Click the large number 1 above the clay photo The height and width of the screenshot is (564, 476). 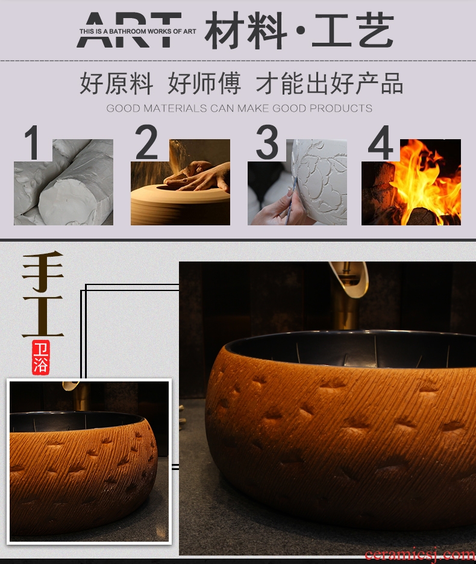[33, 142]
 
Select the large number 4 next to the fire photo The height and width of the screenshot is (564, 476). [381, 142]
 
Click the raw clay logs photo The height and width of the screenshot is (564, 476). [63, 182]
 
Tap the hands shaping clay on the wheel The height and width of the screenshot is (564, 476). [197, 176]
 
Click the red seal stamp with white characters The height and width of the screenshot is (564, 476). [40, 357]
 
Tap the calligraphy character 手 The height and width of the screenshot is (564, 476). [42, 272]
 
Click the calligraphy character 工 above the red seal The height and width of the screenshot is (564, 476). [42, 316]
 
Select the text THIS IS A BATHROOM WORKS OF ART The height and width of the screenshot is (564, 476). [138, 32]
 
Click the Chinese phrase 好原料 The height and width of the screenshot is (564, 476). [116, 83]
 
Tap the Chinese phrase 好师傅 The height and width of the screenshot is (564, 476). [204, 83]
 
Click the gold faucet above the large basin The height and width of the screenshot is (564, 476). [348, 295]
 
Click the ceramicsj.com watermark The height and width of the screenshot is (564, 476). [420, 556]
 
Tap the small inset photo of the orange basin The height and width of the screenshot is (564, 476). [89, 462]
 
